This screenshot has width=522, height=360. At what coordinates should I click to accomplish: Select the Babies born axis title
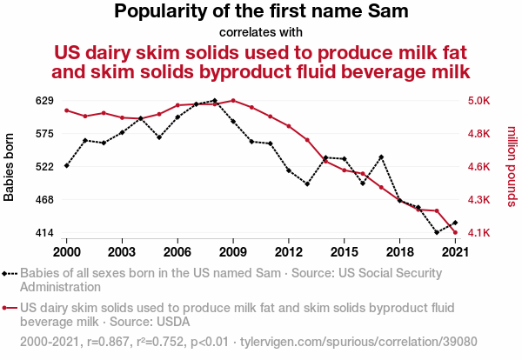coord(10,167)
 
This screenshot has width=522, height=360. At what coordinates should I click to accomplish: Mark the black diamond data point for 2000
coord(67,165)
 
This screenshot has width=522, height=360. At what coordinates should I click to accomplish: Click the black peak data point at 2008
coord(215,101)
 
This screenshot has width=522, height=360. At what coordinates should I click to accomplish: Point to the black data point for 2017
coord(381,157)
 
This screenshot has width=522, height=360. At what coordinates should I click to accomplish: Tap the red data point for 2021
coord(455,232)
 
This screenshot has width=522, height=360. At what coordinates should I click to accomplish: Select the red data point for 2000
coord(67,110)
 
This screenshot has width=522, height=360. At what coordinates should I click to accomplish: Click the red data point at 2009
coord(233,101)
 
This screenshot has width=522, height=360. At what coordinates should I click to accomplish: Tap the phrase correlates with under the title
coord(260,32)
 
